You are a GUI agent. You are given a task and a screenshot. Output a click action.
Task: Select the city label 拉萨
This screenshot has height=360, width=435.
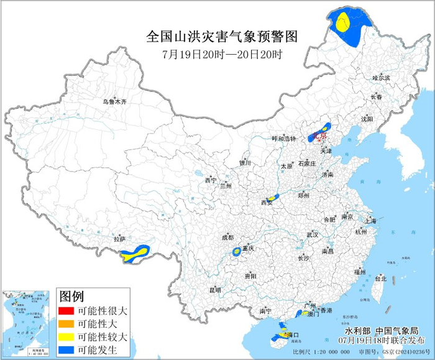pos(119,239)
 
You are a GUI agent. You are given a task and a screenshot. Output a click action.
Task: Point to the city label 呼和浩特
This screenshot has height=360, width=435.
pos(284,139)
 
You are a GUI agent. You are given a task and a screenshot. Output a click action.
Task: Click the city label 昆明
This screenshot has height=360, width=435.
pos(215,290)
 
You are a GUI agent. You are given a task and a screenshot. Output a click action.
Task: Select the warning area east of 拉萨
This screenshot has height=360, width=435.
pos(135,253)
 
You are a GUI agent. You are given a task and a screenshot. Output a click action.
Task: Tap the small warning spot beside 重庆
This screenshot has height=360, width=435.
pos(237,252)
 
